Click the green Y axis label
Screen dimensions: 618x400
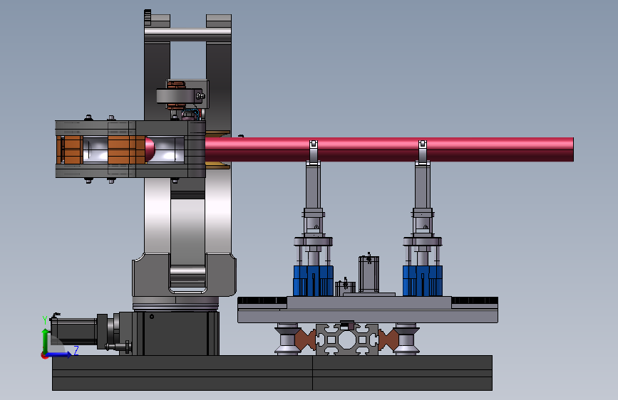click(44, 320)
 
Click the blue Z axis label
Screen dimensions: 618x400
click(76, 350)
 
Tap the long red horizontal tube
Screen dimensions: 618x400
click(389, 149)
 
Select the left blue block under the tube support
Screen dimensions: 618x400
click(314, 280)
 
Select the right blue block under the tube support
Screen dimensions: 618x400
click(423, 280)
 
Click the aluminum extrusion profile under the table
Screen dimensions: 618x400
click(347, 340)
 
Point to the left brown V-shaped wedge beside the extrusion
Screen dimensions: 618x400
click(304, 340)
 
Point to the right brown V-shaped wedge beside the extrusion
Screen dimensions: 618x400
click(388, 340)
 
